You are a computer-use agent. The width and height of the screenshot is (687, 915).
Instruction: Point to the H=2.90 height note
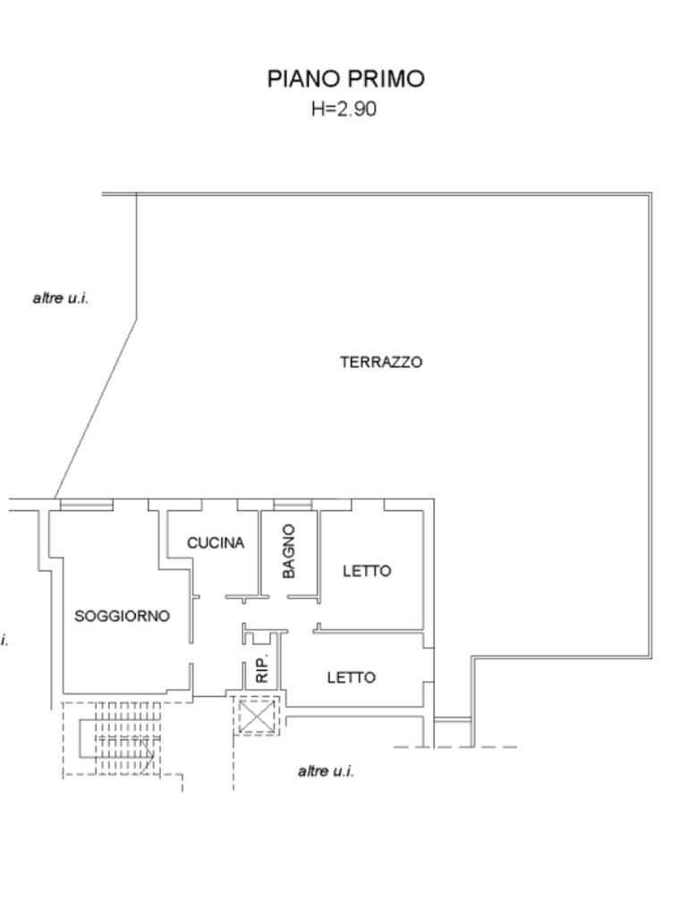(x=344, y=109)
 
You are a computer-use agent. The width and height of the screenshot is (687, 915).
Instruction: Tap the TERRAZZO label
(x=381, y=362)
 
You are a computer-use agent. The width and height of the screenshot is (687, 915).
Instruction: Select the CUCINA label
(x=216, y=542)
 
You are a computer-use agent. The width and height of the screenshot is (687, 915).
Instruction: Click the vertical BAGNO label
(x=289, y=550)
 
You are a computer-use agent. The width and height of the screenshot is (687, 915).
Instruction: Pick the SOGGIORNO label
(x=122, y=616)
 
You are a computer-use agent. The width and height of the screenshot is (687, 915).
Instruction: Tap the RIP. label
(x=262, y=669)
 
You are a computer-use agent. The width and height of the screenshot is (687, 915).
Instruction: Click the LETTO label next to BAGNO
(x=367, y=570)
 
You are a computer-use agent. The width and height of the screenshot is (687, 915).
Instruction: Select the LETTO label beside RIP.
(x=351, y=677)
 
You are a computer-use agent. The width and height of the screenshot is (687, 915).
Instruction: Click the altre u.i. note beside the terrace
(x=61, y=298)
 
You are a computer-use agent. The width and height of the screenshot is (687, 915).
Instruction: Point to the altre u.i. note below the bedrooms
(x=326, y=770)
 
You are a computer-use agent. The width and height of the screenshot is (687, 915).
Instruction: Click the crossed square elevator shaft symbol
(x=257, y=716)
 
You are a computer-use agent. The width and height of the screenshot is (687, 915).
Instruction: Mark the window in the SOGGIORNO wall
(x=86, y=506)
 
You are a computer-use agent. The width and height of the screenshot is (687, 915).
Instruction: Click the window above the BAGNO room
(x=293, y=506)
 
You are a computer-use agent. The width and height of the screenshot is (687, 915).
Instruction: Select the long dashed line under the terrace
(x=455, y=747)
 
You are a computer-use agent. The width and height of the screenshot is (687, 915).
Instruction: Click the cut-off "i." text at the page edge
(x=4, y=640)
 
